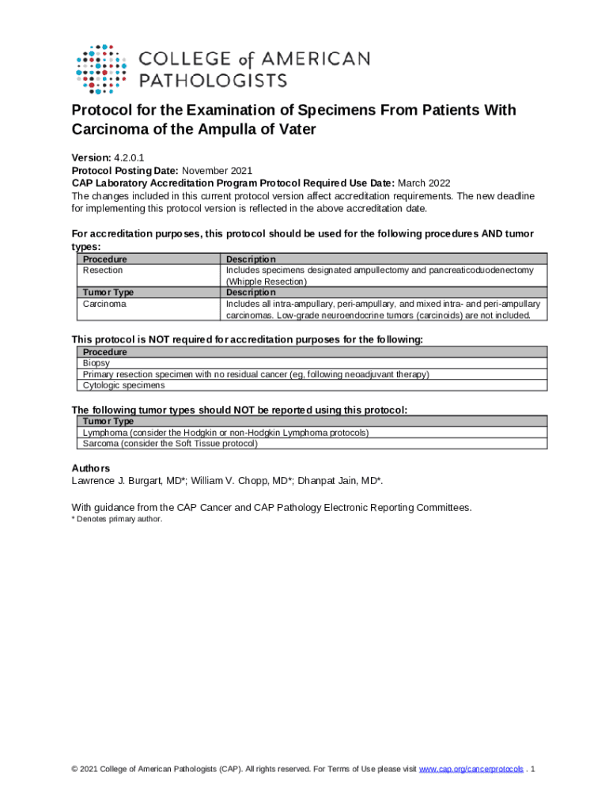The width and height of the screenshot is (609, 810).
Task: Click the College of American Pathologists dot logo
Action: point(101,69)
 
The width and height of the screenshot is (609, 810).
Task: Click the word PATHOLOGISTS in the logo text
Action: point(214,80)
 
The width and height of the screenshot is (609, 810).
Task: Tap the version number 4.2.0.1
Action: point(128,158)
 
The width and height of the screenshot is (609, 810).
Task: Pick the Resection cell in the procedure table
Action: point(103,271)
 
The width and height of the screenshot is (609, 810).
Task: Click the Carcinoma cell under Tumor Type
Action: point(104,304)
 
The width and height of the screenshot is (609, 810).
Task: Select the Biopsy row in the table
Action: point(96,363)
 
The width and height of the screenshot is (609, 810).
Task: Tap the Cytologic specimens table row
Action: point(123,385)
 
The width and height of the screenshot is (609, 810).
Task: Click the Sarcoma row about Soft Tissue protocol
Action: point(170,444)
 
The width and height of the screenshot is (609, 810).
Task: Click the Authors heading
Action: point(91,468)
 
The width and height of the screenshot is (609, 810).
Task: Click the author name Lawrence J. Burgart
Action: point(120,481)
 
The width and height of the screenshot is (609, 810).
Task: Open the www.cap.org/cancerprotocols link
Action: point(471,769)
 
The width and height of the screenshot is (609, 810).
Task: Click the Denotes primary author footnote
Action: point(116,519)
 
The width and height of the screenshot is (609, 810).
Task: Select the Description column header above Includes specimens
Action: point(251,259)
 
